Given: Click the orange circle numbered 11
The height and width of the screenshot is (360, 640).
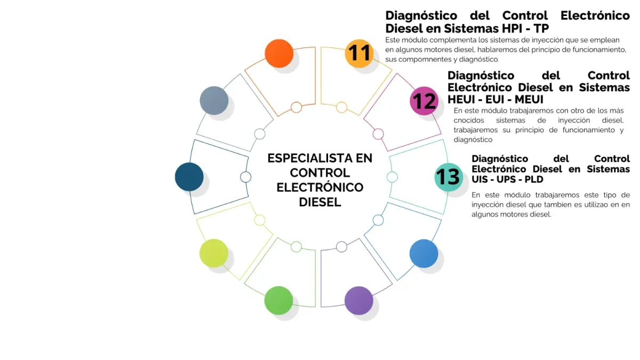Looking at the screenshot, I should (359, 53).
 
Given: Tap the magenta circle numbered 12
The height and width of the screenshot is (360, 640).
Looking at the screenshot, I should (424, 101).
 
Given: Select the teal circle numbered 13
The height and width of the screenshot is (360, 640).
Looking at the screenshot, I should (448, 177).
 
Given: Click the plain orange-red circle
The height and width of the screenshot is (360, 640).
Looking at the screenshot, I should (279, 53).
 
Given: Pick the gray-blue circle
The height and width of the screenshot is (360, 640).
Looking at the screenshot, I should (214, 100).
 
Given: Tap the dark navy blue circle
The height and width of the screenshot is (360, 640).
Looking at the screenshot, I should (189, 177).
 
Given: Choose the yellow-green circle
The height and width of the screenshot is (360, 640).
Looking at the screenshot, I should (214, 253).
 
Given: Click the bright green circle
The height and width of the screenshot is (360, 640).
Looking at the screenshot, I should (278, 300).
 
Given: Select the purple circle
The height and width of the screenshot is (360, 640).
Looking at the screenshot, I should (358, 300).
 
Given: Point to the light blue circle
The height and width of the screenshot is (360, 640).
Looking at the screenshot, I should (424, 253).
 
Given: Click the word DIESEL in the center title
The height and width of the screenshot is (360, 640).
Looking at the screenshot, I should (320, 203).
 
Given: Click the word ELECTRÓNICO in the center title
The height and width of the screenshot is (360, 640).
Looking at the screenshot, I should (320, 188).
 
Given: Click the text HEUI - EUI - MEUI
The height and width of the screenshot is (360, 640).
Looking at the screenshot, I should (495, 99).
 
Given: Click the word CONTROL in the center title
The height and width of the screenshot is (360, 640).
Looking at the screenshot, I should (320, 173).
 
